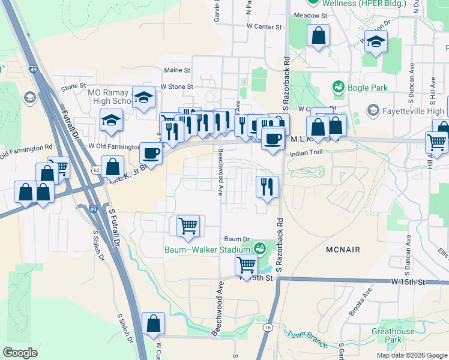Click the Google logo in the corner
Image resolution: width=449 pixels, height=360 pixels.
pos(20,353)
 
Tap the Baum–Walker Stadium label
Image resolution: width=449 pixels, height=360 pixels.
pos(208,250)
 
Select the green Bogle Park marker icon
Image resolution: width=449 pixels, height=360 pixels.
pos(338,88)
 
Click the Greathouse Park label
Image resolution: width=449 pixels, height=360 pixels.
pos(393,335)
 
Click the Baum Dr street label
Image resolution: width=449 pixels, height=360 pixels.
pos(236,239)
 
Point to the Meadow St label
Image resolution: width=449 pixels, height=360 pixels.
pos(310,16)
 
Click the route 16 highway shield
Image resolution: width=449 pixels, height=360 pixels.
pos(267,328)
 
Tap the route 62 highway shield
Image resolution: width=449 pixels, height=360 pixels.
pos(97,170)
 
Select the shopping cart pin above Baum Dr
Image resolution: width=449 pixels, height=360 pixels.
pos(188,226)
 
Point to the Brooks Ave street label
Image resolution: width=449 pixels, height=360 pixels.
pos(360,301)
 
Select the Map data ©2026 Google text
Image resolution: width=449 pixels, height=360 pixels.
pos(411,355)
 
